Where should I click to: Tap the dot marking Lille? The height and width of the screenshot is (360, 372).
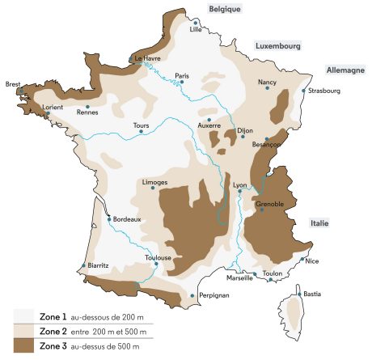[195, 23]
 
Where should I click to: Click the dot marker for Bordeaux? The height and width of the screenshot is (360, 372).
[109, 218]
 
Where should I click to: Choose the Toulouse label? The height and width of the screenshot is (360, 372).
[157, 258]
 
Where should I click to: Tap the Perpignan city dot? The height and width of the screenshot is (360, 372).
[192, 296]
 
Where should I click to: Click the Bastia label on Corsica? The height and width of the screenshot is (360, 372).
[314, 294]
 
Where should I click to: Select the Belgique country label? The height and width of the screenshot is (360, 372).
[225, 9]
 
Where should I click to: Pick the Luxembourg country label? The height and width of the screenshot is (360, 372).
[278, 47]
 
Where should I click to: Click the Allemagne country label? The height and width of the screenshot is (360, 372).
[345, 70]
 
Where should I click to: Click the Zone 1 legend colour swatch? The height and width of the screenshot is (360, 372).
[24, 317]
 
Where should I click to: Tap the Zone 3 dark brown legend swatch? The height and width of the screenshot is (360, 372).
[24, 346]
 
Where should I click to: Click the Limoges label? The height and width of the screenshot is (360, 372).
[154, 183]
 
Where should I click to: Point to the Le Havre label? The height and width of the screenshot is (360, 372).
[149, 58]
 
